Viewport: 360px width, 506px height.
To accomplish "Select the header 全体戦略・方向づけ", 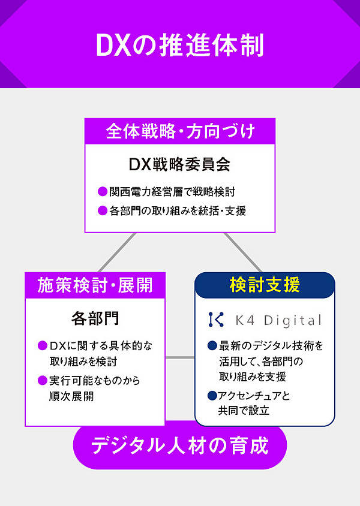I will (x=180, y=131).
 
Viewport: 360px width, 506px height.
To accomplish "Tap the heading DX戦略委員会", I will (x=180, y=164).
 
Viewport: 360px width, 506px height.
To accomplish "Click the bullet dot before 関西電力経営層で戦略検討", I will (x=102, y=192).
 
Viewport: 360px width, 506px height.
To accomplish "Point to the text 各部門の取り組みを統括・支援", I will (x=178, y=211).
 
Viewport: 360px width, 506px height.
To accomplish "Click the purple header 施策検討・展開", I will (x=95, y=284).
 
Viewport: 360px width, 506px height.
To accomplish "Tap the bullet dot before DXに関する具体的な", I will (x=43, y=346).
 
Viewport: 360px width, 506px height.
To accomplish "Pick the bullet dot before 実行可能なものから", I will (x=43, y=381).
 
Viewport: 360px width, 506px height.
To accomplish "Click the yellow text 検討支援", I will (x=265, y=285).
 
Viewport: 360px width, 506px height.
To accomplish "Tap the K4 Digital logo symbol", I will (x=215, y=320).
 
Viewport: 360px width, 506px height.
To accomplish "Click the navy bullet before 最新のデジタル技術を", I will (x=212, y=346).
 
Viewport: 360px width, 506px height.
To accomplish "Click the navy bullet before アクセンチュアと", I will (x=212, y=396).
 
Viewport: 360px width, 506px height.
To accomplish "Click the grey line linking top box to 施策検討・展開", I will (x=117, y=252).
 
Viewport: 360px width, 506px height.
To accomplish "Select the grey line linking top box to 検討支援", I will (x=243, y=252).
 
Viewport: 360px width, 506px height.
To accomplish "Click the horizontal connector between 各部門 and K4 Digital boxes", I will (x=179, y=358).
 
